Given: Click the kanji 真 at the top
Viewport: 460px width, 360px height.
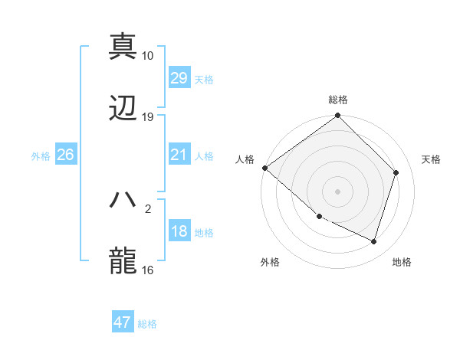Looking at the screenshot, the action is coord(123,45).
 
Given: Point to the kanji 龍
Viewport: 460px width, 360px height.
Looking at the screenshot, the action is coord(123,261).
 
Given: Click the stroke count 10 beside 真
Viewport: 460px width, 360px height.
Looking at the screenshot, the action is coord(148,55).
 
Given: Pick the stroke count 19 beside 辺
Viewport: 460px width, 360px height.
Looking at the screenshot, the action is coord(148,117).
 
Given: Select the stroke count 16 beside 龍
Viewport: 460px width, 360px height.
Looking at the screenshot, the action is coord(148,270).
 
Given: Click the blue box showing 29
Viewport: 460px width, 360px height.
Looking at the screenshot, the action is coord(179,78).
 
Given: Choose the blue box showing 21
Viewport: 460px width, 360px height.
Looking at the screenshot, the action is coord(179,155).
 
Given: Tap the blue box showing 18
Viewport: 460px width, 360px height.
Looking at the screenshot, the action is coord(179,232).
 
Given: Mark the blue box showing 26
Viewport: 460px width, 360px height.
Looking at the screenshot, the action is coord(65,155).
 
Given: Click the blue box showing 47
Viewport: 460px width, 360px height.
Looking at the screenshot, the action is coord(122,322).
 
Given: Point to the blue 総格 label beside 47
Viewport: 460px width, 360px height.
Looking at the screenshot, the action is coord(147,324).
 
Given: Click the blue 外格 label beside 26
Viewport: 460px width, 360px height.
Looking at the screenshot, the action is coord(41,156).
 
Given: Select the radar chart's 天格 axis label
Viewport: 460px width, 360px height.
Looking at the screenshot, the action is coord(432,159).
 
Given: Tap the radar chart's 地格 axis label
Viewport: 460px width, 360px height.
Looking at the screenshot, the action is coord(402,263).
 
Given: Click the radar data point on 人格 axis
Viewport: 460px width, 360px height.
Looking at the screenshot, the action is coord(264,168).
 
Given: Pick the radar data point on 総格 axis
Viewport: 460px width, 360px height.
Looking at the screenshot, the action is coord(338,116).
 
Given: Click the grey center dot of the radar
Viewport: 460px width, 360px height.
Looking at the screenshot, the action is coord(338,191).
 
